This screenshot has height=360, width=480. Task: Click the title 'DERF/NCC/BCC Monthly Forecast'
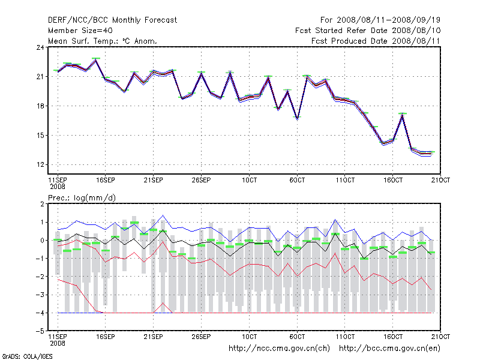[x=112, y=20]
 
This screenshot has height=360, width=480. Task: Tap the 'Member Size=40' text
[x=80, y=31]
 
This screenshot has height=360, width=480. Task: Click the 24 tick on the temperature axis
[x=40, y=47]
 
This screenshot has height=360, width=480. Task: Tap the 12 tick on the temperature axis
[x=40, y=164]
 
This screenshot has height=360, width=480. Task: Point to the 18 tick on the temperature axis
[x=40, y=106]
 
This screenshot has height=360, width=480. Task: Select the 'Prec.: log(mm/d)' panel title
[x=82, y=197]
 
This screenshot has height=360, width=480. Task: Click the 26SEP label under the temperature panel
[x=201, y=179]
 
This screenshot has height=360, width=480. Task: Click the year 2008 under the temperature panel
[x=57, y=187]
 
